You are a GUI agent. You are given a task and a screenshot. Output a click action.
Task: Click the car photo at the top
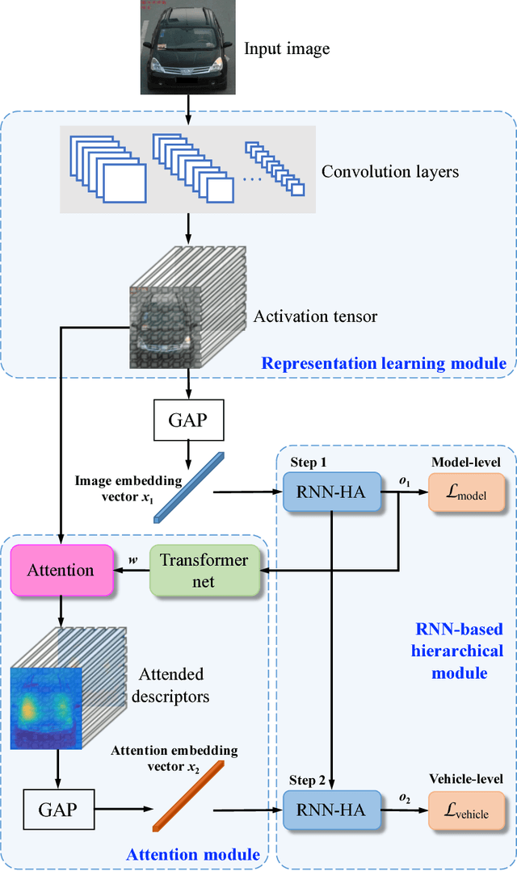[x=187, y=48]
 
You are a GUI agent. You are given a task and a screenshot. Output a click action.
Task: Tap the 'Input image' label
[x=287, y=49]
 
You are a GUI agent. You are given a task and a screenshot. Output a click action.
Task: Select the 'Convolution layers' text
[x=389, y=172]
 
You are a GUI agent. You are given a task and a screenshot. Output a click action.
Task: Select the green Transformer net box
[x=203, y=570]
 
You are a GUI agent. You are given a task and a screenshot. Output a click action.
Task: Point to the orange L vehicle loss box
[x=467, y=808]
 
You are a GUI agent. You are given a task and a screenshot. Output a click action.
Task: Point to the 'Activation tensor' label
[x=315, y=316]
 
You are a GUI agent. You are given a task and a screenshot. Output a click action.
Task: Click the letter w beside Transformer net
[x=133, y=559]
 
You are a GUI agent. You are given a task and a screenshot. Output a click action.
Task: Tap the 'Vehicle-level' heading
[x=466, y=778]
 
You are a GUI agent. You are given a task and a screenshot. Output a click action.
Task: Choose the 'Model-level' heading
[x=466, y=461]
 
